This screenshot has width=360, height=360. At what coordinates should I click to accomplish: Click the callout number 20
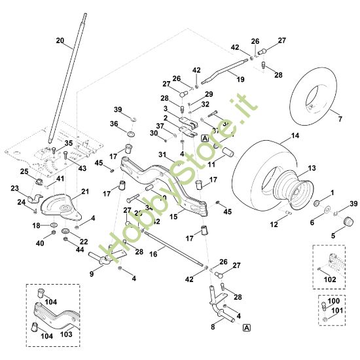pyautogui.click(x=60, y=41)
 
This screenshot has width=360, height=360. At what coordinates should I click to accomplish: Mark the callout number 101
pyautogui.click(x=338, y=311)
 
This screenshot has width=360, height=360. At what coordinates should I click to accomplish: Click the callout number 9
pyautogui.click(x=92, y=274)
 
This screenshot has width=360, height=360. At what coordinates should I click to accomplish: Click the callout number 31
pyautogui.click(x=160, y=154)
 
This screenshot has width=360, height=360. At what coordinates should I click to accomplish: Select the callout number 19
pyautogui.click(x=240, y=79)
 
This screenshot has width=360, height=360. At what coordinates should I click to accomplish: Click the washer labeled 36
pyautogui.click(x=131, y=135)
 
